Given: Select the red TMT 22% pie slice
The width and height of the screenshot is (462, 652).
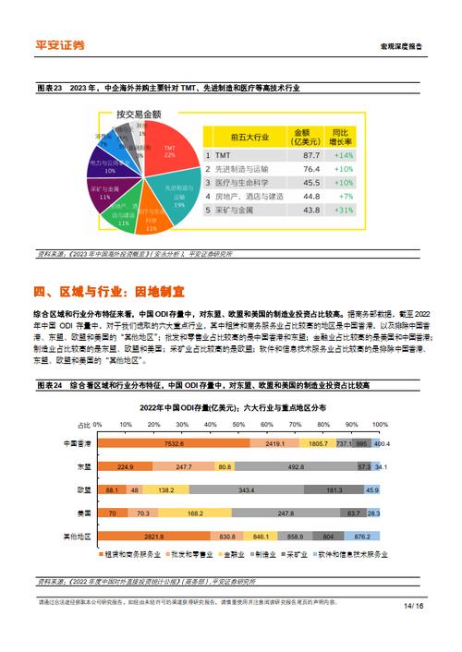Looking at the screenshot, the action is [167, 151].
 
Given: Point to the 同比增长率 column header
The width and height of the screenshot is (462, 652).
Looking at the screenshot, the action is [344, 136].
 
